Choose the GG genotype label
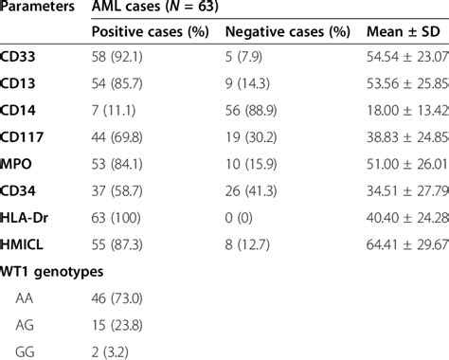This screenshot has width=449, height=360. point(27,351)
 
